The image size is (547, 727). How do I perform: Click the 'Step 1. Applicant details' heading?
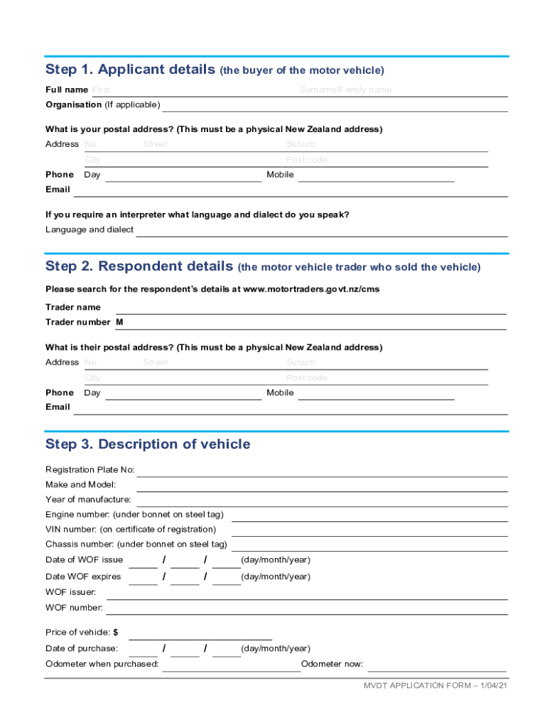131,70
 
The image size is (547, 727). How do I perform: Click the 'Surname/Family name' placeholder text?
345,90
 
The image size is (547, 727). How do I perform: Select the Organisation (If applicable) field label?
102,105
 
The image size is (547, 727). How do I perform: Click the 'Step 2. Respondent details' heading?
139,267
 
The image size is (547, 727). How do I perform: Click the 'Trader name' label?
73,307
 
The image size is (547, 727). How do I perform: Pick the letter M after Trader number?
119,322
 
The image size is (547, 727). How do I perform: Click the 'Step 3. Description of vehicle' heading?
148,444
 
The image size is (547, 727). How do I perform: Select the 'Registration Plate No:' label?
90,470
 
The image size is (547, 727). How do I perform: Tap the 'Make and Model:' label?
76,485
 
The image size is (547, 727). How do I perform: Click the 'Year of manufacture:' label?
88,500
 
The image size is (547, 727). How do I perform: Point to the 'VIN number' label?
131,530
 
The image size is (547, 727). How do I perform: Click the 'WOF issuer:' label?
71,592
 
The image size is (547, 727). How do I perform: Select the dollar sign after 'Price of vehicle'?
115,633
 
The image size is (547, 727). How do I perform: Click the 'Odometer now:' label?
332,665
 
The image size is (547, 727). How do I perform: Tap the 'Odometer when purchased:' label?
102,665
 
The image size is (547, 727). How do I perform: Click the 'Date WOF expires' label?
83,576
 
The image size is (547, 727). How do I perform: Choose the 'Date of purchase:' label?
82,649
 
